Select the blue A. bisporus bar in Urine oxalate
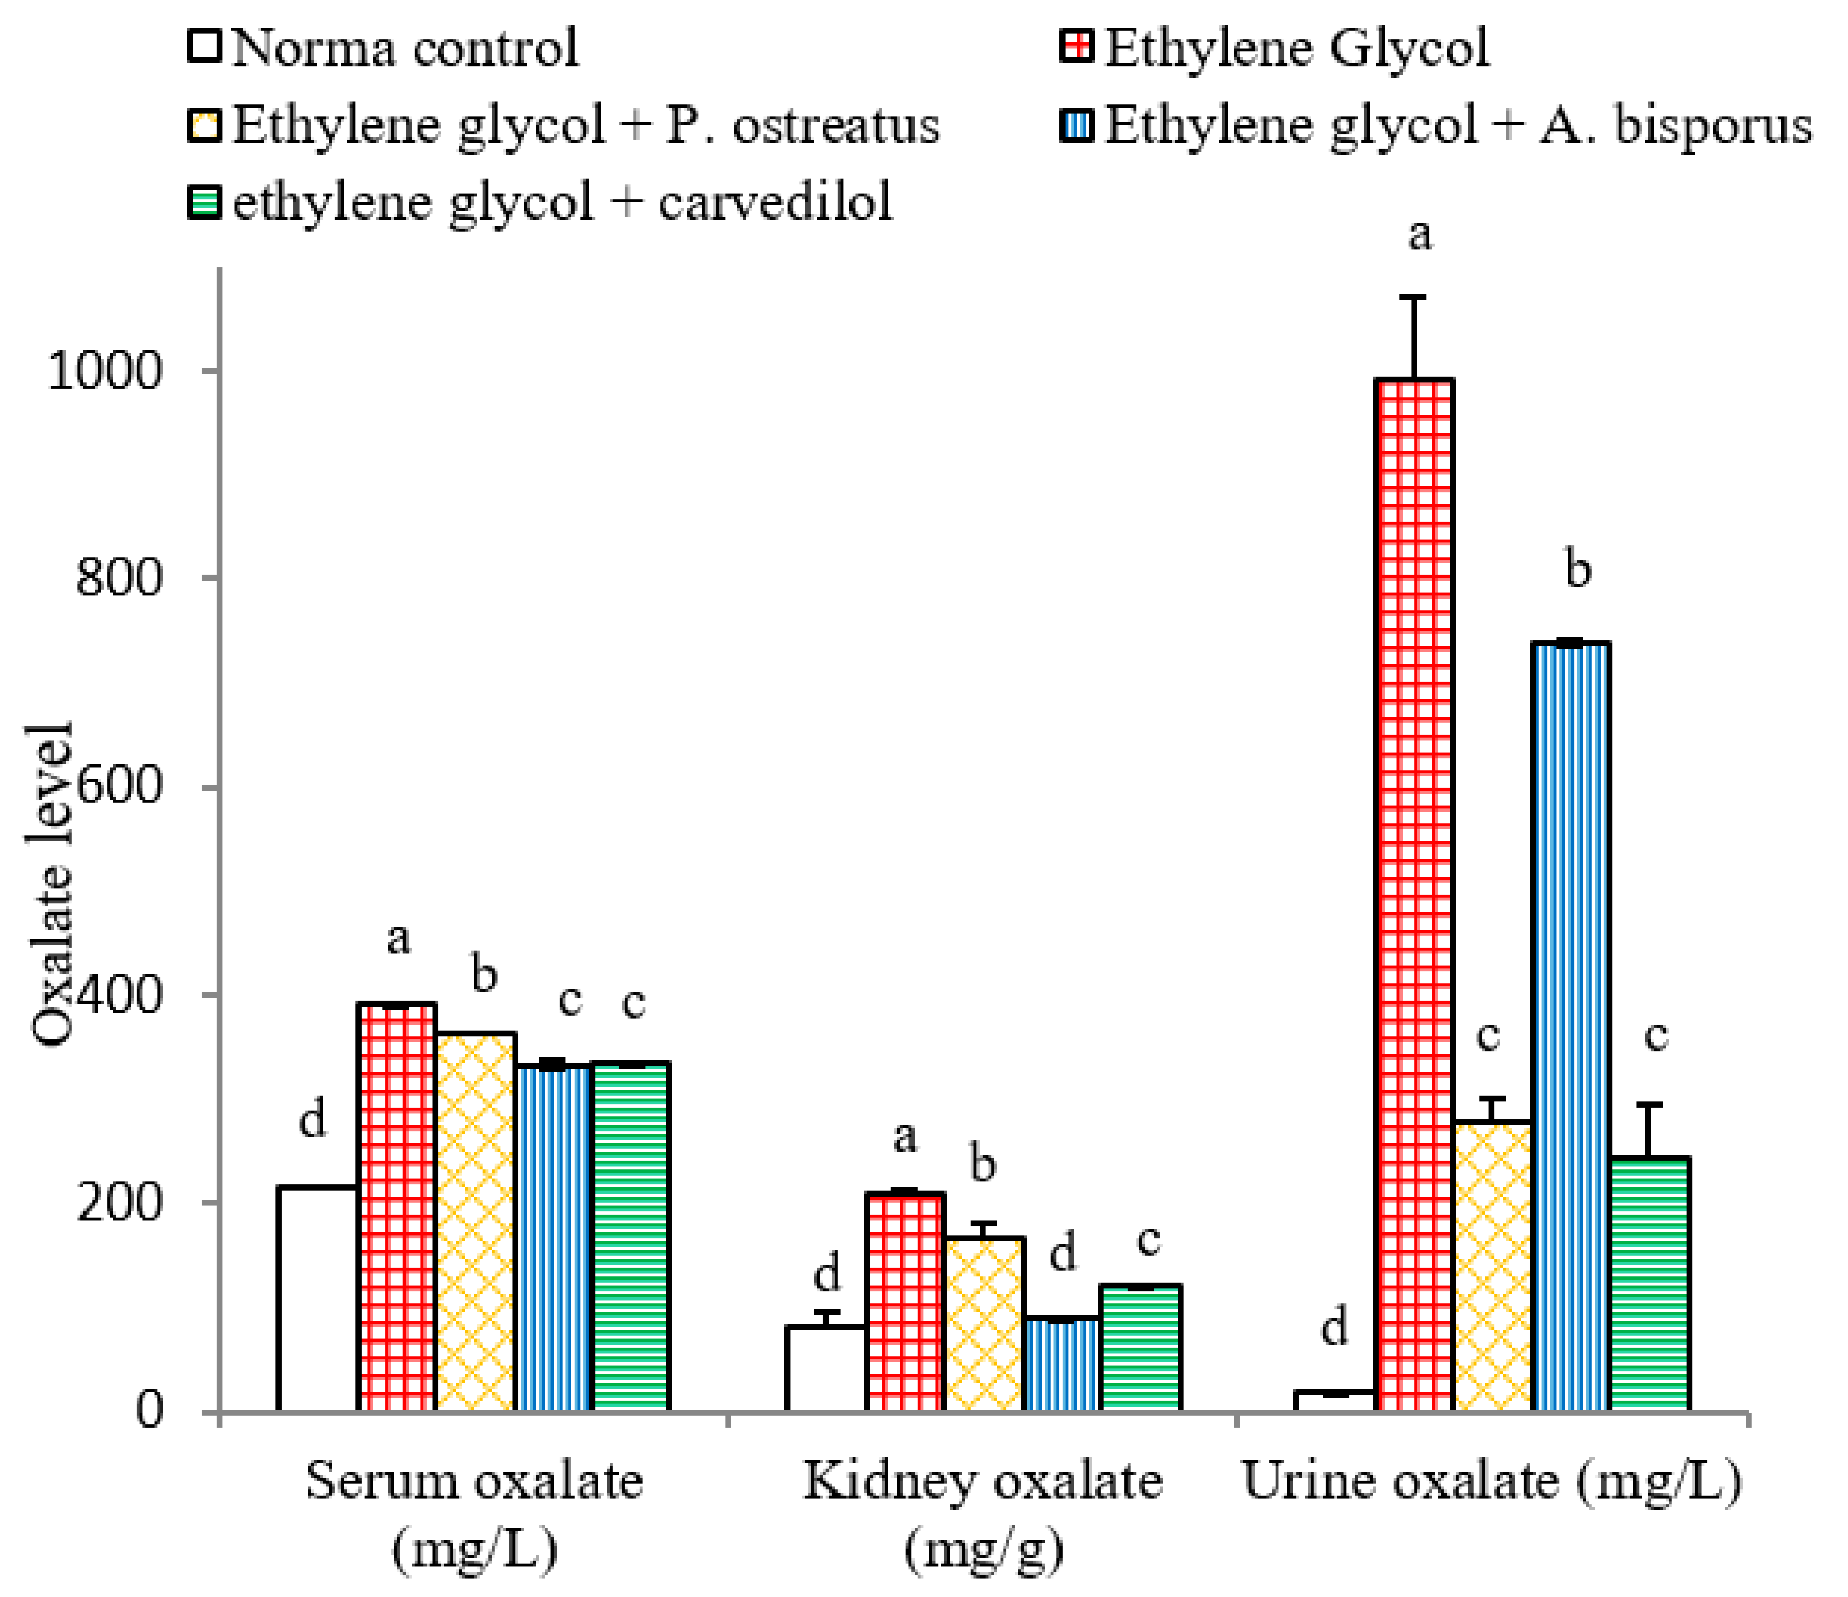(x=1571, y=1026)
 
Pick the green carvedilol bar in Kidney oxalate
(x=1141, y=1347)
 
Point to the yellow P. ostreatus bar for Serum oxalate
(x=476, y=1222)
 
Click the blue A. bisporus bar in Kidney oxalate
(x=1062, y=1364)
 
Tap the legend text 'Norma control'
(x=406, y=47)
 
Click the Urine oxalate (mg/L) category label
(x=1491, y=1482)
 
